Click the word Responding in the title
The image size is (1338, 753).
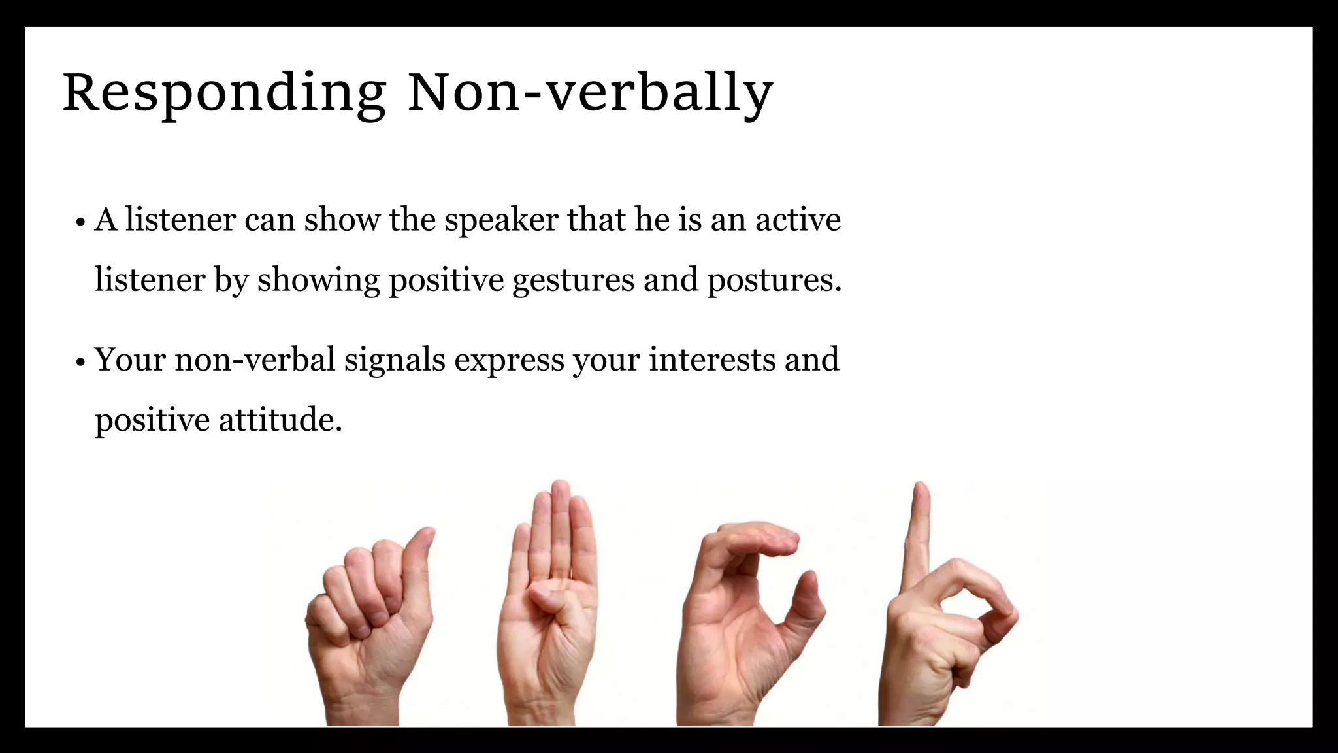(x=224, y=93)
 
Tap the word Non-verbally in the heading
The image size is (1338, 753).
(x=590, y=93)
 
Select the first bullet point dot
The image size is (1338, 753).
(x=80, y=222)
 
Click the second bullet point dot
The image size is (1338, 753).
(x=80, y=362)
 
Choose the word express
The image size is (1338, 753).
(x=509, y=361)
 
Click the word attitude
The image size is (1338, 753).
(x=280, y=420)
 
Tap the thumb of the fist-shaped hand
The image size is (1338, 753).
(x=418, y=562)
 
